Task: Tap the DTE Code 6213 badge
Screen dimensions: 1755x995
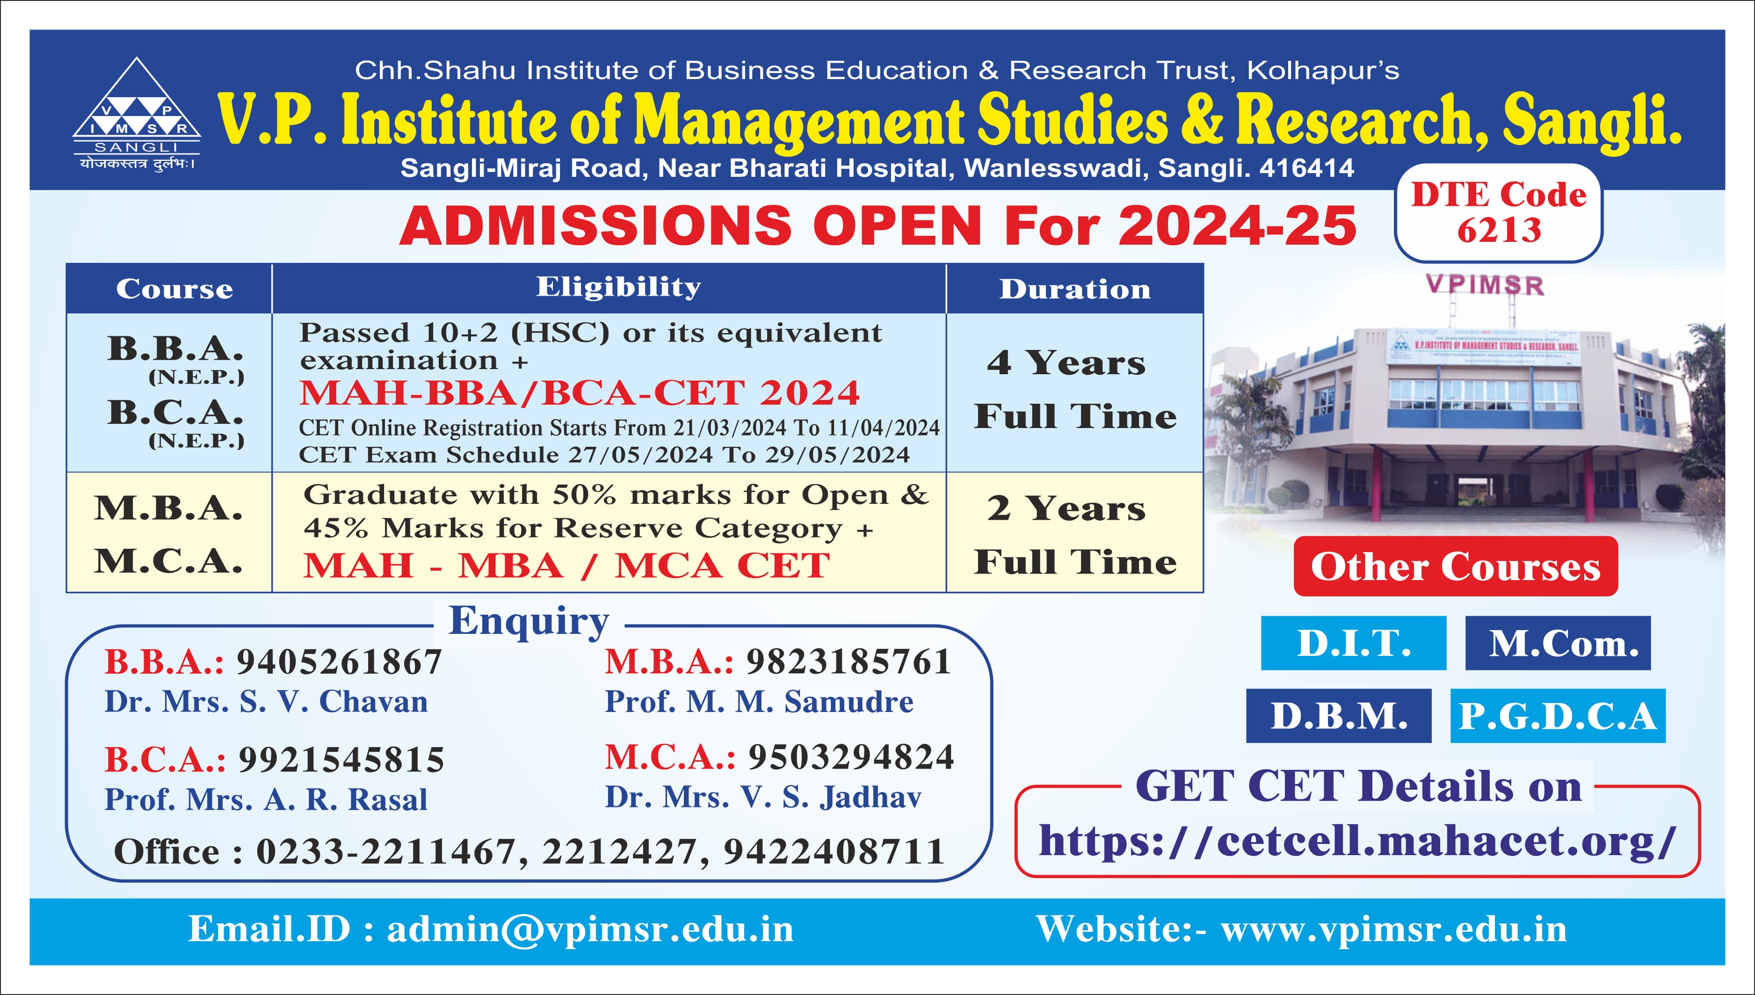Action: (x=1498, y=212)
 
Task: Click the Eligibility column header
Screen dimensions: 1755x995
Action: (x=618, y=287)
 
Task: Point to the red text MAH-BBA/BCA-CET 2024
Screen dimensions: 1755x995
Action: (x=579, y=392)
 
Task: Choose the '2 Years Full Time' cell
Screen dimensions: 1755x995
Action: (x=1074, y=532)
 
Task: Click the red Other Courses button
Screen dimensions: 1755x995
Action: (x=1456, y=566)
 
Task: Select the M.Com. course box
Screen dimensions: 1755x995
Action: (x=1558, y=643)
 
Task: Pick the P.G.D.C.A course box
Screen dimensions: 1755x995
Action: (x=1558, y=716)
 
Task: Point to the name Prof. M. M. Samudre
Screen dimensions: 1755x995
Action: (x=759, y=702)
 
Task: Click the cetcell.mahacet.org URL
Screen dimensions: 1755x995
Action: (x=1357, y=841)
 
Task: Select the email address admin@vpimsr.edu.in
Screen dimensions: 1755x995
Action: (x=590, y=930)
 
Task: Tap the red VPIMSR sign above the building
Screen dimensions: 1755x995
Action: (x=1485, y=285)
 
